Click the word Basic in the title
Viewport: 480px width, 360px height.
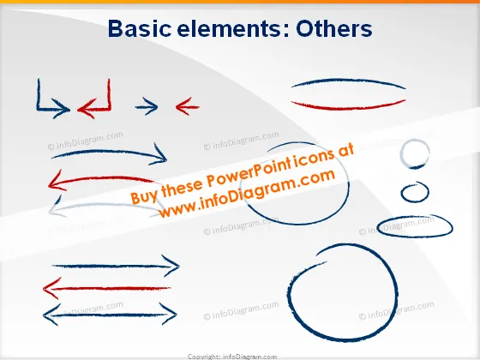tap(140, 29)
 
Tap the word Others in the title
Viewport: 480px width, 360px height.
tap(334, 29)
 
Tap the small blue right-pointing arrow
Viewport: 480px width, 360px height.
tap(147, 106)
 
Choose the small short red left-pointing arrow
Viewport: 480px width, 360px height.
tap(188, 106)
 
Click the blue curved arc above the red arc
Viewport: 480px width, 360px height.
tap(348, 81)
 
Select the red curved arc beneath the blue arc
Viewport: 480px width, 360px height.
tap(348, 108)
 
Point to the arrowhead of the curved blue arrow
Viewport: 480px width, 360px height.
tap(160, 154)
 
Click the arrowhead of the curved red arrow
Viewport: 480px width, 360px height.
tap(55, 181)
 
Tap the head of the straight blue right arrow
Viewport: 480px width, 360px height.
tap(171, 266)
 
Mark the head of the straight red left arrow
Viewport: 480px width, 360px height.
tap(51, 288)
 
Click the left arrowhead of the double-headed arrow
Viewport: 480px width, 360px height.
tap(51, 315)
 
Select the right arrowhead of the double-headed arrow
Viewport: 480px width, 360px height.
tap(169, 314)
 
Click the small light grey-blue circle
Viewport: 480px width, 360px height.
tap(402, 153)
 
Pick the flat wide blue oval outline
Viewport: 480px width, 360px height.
tap(415, 236)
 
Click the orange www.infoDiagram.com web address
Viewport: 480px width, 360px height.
tap(247, 193)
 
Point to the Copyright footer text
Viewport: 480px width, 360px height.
tap(232, 357)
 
